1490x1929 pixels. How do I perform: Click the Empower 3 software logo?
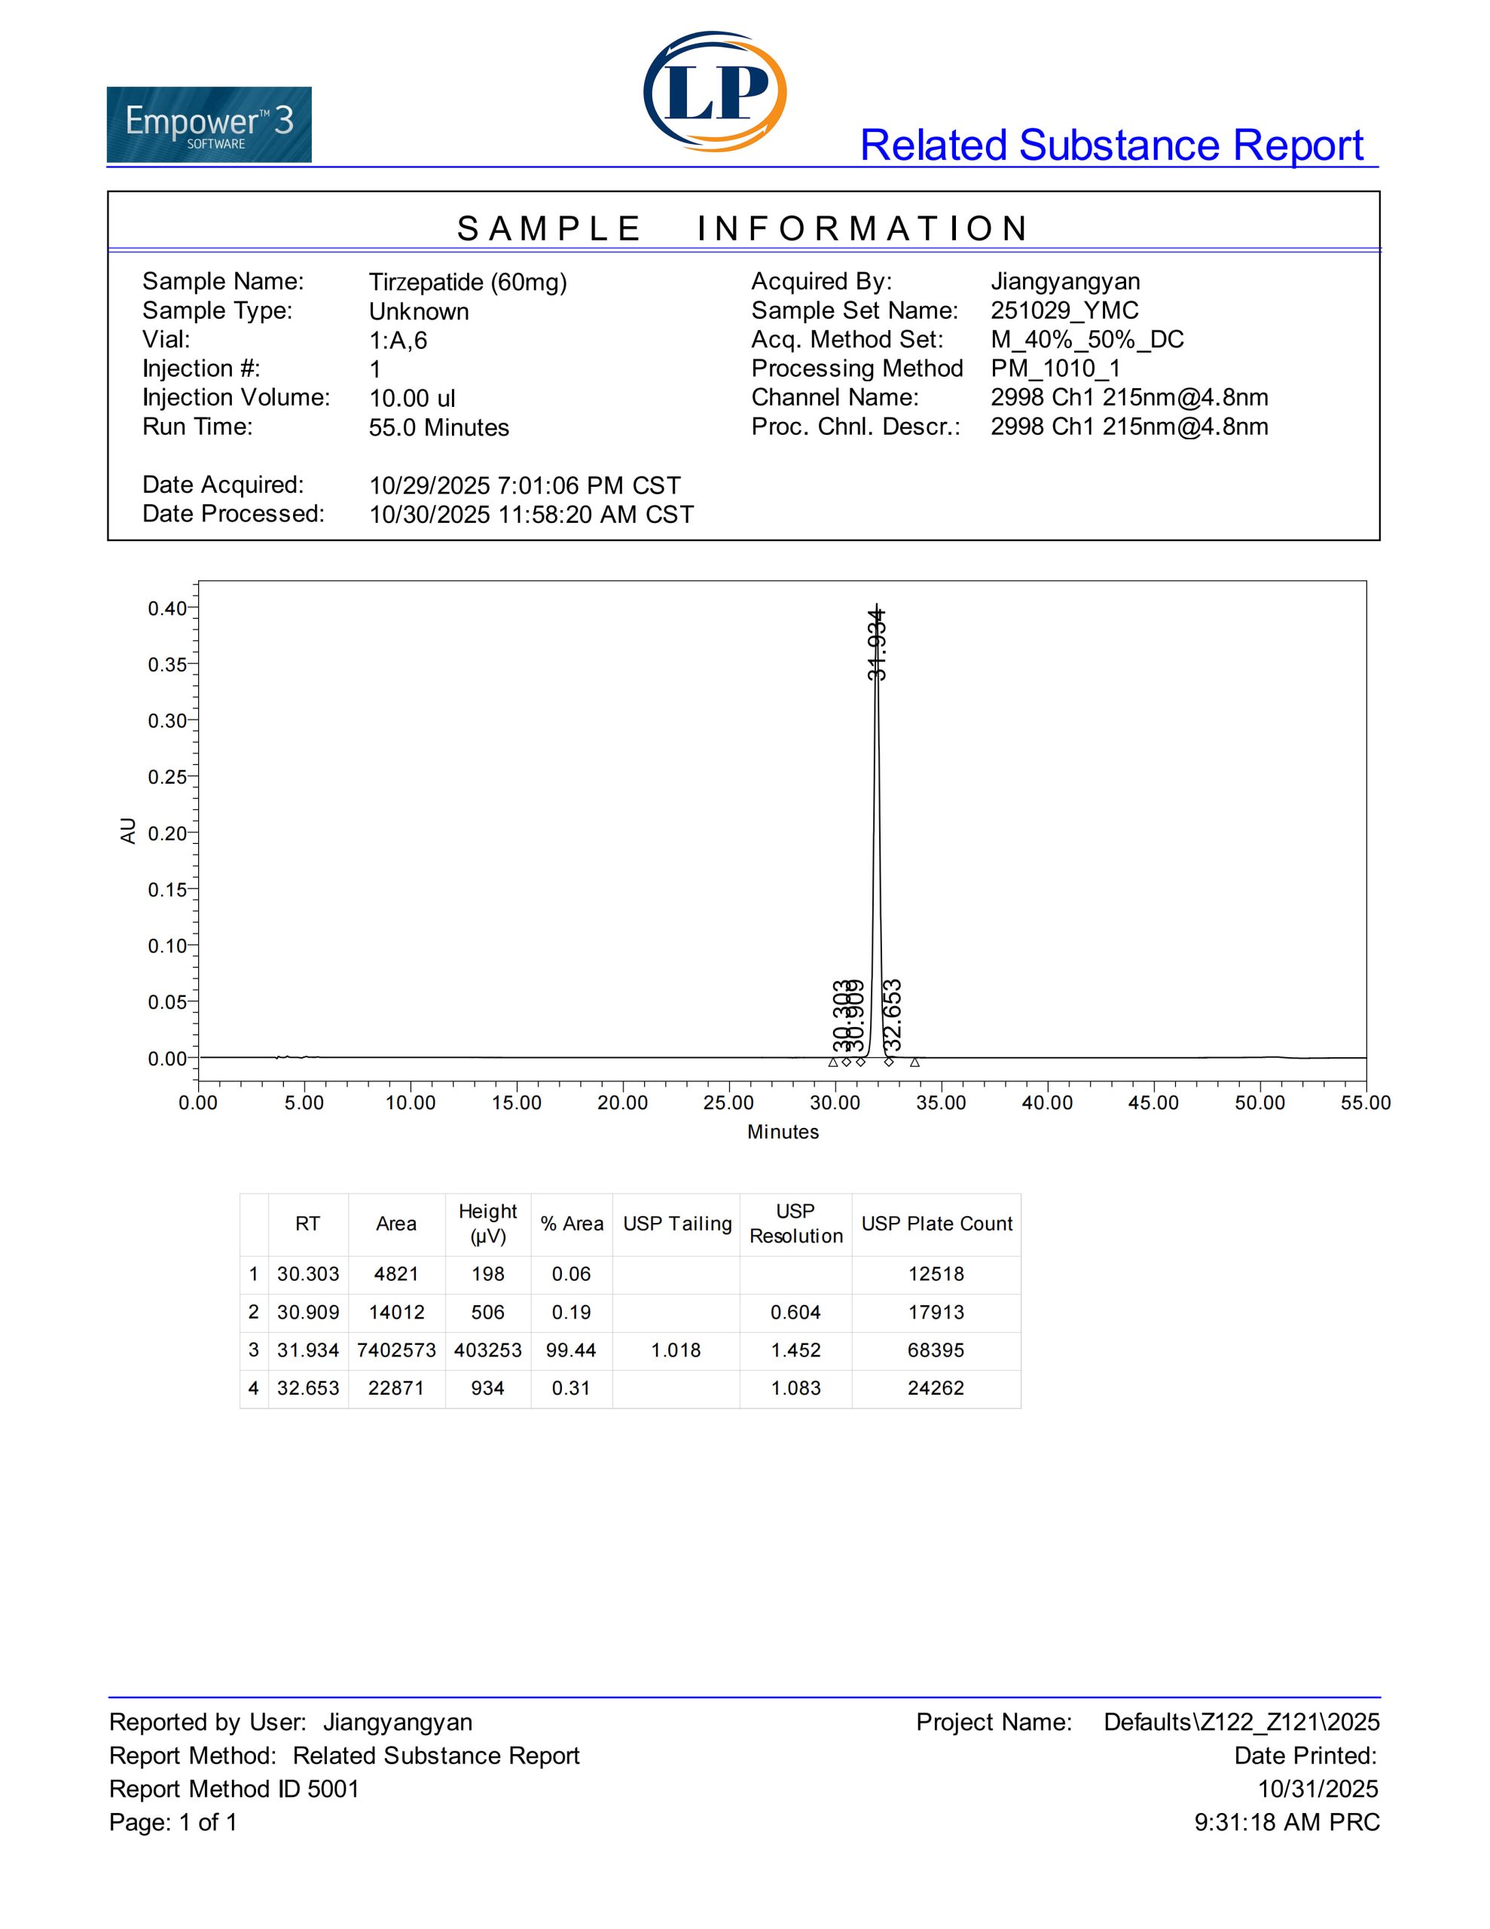209,124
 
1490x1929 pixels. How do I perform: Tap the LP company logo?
715,91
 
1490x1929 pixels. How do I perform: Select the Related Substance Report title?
1112,145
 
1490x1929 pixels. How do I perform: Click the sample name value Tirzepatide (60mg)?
467,282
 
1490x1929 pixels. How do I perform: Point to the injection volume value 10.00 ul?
411,399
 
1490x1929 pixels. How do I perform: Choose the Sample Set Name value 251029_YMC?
1064,311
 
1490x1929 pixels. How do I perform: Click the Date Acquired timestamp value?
524,486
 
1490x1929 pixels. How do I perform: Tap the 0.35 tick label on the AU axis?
167,664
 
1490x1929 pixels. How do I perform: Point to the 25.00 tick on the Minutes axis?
728,1102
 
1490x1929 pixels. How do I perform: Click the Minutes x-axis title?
783,1132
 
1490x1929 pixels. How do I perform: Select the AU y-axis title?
128,830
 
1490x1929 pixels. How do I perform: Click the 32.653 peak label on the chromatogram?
893,1011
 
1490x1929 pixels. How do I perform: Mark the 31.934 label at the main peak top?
877,645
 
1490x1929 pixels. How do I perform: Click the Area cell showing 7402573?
395,1350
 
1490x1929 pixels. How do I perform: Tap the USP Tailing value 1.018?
676,1350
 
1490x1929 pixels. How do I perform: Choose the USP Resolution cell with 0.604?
795,1312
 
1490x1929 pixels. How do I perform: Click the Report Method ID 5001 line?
234,1789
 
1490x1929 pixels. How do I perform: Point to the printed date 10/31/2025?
1317,1789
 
